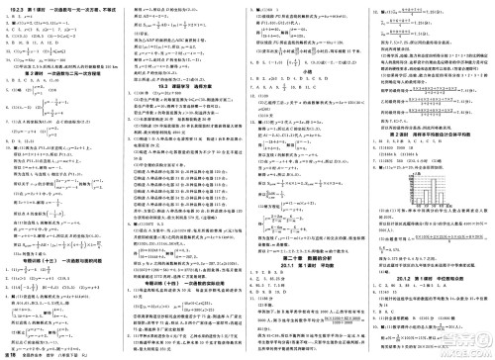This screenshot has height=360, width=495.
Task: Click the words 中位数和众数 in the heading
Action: coord(458,279)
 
